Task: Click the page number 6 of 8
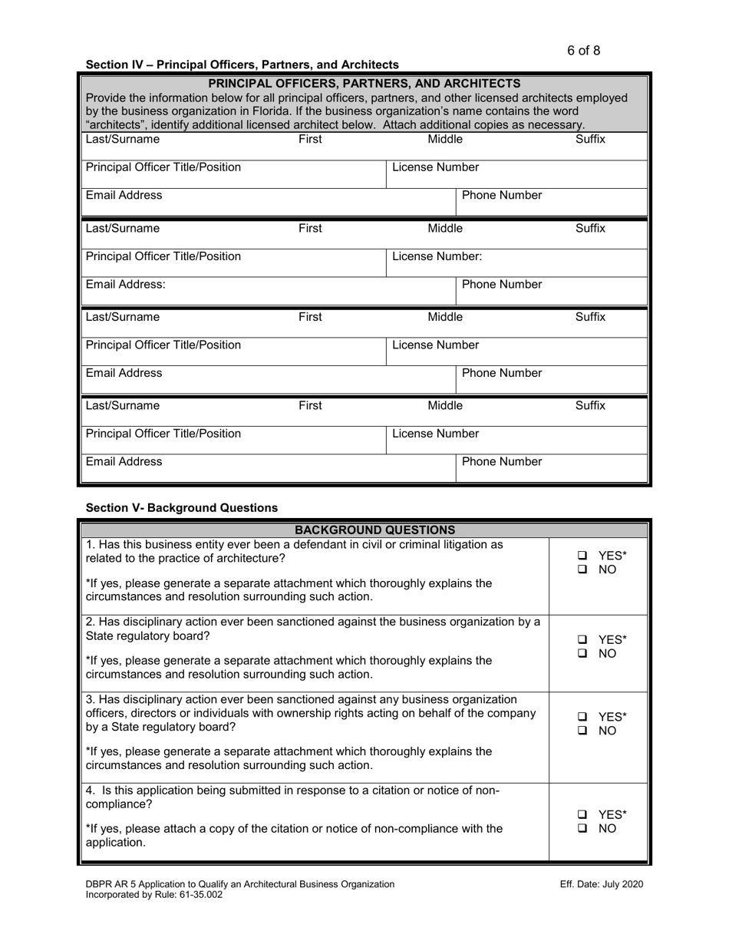click(x=584, y=51)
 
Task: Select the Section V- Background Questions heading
click(x=182, y=507)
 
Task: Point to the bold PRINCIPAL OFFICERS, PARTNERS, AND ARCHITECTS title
click(x=364, y=83)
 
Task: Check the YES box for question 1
click(x=583, y=556)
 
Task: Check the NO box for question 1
click(x=583, y=570)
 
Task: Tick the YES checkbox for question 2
click(x=583, y=639)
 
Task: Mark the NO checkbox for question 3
click(x=583, y=731)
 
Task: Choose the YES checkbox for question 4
click(x=583, y=815)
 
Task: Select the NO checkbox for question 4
click(x=583, y=830)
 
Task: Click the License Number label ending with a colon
click(x=437, y=256)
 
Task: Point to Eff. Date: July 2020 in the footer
click(x=602, y=884)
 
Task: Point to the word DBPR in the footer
click(x=100, y=884)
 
